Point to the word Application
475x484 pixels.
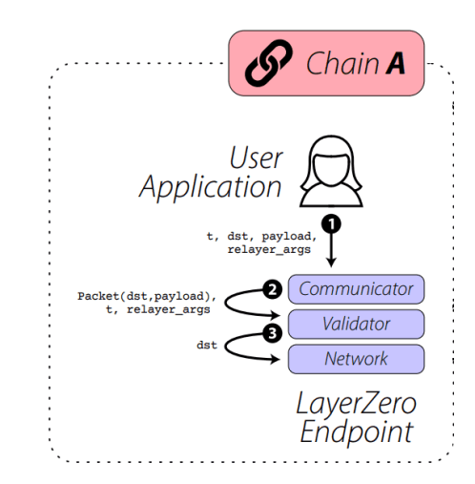point(211,186)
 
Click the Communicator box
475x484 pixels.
point(355,288)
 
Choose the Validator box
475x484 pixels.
point(355,324)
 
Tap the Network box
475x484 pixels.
point(355,359)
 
